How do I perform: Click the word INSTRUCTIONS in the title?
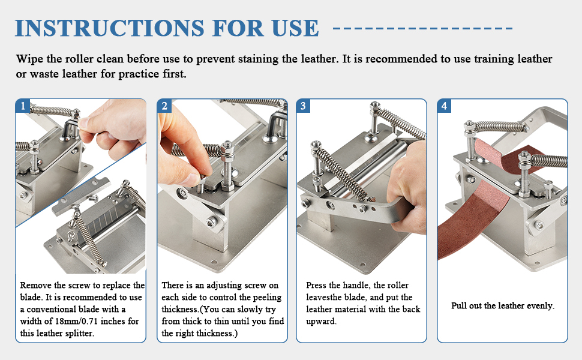click(109, 28)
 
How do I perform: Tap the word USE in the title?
click(295, 28)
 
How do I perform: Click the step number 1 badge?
click(23, 106)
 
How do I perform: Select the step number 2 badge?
click(164, 106)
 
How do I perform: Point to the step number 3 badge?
click(303, 106)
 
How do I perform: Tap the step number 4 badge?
click(444, 106)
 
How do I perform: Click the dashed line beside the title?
click(423, 28)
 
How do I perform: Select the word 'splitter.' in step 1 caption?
click(79, 333)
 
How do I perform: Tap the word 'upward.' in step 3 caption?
click(322, 322)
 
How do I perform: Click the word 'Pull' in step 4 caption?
click(459, 306)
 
